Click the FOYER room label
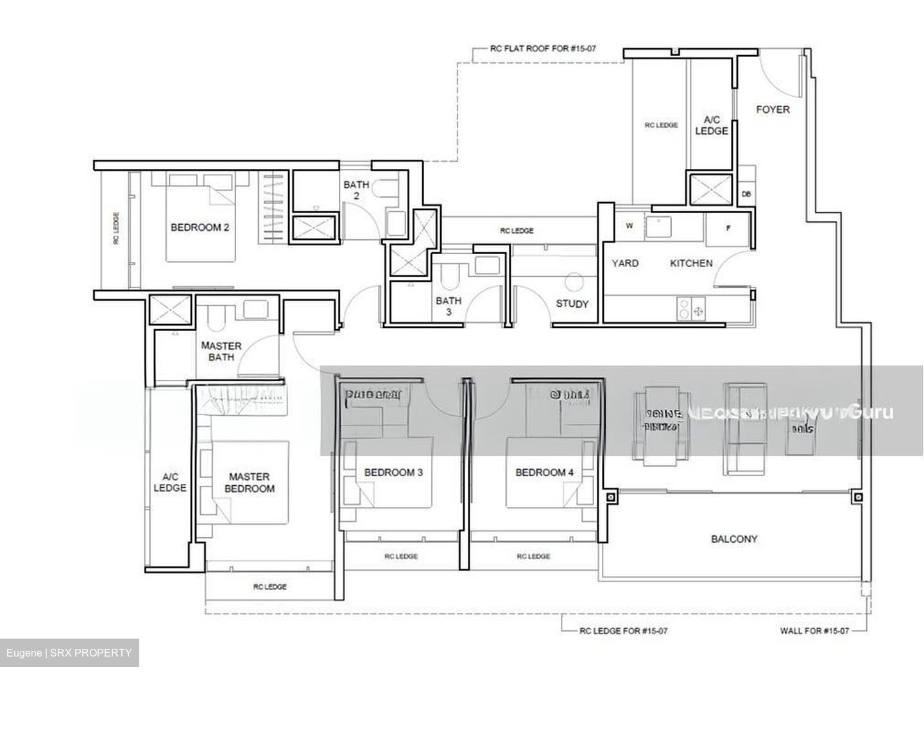click(x=773, y=109)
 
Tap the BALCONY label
click(x=734, y=539)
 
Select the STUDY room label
click(x=572, y=304)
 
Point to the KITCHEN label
click(x=691, y=263)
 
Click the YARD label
click(x=624, y=263)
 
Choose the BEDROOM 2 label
click(x=200, y=227)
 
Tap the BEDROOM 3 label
click(x=393, y=472)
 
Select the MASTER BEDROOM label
click(x=250, y=483)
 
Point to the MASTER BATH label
click(x=221, y=351)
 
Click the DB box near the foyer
click(x=746, y=194)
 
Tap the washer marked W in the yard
click(x=629, y=226)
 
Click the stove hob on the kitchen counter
click(x=690, y=309)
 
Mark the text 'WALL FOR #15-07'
click(x=814, y=631)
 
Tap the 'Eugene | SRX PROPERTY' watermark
click(x=69, y=653)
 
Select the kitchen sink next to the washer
click(x=658, y=227)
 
